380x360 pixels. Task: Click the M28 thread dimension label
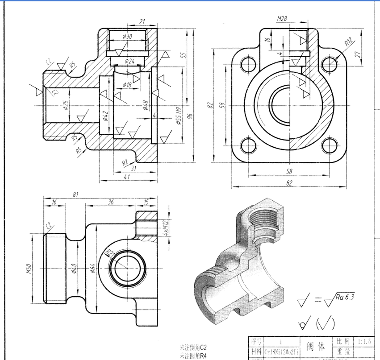(282, 19)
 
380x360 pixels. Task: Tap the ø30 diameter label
(127, 37)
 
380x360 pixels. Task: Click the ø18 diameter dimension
(127, 85)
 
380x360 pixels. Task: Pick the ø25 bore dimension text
(66, 105)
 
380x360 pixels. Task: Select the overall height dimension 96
(190, 116)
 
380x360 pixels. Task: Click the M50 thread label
(28, 269)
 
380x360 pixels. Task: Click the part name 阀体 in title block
(316, 346)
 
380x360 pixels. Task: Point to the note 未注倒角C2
(193, 347)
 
